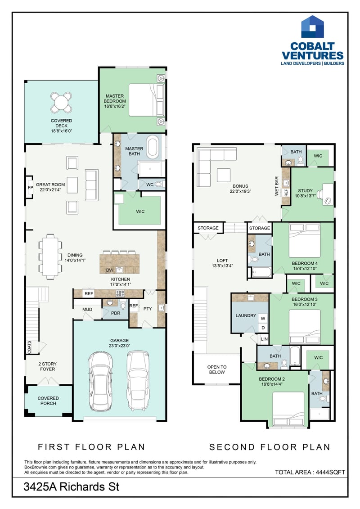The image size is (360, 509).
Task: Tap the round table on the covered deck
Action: (x=61, y=103)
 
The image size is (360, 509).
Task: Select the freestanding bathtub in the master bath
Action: (x=153, y=147)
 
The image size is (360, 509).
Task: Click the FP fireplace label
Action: (x=30, y=188)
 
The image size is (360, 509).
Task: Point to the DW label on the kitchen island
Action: (x=109, y=270)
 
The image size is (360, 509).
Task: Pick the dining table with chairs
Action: (x=50, y=257)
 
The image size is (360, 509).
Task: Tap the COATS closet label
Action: (x=30, y=347)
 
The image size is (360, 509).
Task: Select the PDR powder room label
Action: (x=116, y=313)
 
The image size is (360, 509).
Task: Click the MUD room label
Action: (x=87, y=309)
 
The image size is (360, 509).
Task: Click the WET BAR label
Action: (x=277, y=186)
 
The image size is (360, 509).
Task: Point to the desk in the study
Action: (x=328, y=194)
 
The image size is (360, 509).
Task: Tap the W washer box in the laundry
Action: (x=263, y=319)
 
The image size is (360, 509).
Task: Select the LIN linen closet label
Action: (x=264, y=339)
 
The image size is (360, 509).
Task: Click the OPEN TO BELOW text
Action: (x=217, y=369)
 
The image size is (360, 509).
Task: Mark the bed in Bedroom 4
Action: (x=304, y=240)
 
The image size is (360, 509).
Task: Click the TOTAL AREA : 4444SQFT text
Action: (x=310, y=472)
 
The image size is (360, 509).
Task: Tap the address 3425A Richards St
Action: (x=72, y=486)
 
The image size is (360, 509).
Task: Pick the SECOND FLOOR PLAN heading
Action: (x=270, y=447)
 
